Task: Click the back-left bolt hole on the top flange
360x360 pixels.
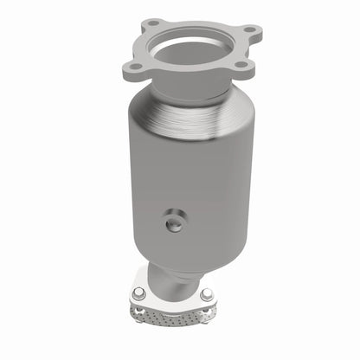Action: tap(152, 22)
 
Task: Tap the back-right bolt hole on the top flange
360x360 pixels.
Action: tap(249, 30)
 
